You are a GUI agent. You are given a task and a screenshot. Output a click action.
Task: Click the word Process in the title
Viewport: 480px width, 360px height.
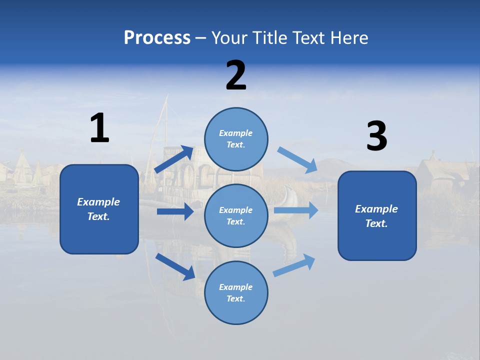(157, 38)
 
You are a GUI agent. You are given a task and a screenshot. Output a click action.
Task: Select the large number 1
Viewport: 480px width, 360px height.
(99, 128)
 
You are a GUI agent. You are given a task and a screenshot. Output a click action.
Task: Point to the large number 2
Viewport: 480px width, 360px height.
(236, 75)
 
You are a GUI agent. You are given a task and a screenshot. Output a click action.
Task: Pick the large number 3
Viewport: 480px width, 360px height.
(376, 136)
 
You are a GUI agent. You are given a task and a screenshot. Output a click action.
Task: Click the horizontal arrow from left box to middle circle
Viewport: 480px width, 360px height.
(175, 211)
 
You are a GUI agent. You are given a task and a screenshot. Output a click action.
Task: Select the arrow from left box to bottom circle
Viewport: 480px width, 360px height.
(175, 266)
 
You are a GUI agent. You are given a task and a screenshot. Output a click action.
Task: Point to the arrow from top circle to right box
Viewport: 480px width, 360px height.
(297, 160)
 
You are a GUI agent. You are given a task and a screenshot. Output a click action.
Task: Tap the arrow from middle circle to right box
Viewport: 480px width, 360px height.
(296, 210)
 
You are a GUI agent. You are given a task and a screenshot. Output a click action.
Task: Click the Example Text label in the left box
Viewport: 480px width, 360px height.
(98, 209)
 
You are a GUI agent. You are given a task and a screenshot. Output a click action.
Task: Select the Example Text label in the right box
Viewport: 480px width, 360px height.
(376, 216)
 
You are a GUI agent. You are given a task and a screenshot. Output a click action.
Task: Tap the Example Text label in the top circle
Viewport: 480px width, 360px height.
(236, 139)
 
